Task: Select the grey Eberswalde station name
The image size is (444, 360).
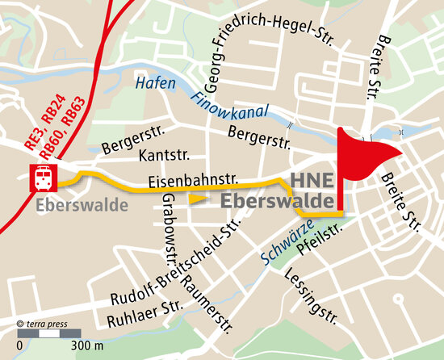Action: (x=82, y=205)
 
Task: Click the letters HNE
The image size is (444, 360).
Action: (x=309, y=181)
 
